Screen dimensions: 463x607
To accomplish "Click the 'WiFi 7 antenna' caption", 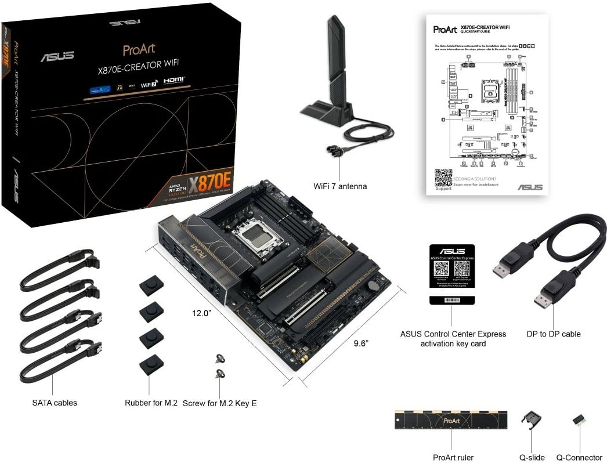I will coord(339,186).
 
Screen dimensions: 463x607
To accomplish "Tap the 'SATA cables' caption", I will coord(55,402).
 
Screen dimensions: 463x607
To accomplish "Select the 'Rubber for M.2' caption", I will coord(151,402).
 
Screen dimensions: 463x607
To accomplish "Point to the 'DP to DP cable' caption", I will coord(553,334).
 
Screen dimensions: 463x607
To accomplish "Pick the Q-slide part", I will coord(530,421).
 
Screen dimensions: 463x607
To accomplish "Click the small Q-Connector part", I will coord(578,419).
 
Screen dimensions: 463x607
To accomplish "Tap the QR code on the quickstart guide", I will coord(443,177).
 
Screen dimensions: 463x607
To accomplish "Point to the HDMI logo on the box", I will coord(174,81).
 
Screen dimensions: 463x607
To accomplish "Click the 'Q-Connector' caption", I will coord(579,458).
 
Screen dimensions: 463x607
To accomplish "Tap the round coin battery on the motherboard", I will coord(375,285).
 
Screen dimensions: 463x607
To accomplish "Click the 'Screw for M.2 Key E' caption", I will coord(219,403).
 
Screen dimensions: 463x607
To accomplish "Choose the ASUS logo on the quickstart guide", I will coord(530,187).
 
